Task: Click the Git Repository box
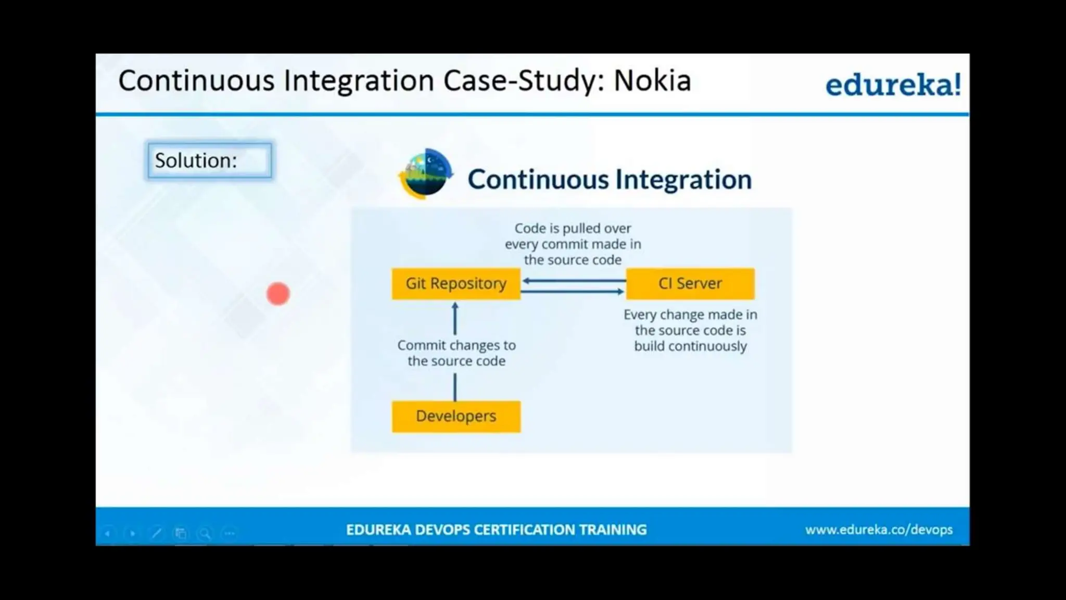(456, 284)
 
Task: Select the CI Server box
(690, 284)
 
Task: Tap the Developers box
(456, 416)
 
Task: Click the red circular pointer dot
(278, 294)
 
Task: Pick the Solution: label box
(209, 160)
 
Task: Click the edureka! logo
(893, 84)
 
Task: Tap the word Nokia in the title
(652, 81)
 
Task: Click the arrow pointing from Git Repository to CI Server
(573, 292)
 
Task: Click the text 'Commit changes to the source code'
(456, 353)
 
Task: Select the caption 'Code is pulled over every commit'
(573, 244)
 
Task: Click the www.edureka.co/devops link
(879, 530)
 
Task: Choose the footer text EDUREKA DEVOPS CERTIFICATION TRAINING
(496, 530)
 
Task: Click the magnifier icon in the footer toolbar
(205, 533)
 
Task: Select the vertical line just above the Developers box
(455, 387)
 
